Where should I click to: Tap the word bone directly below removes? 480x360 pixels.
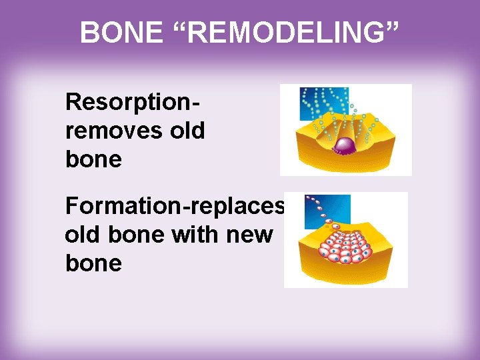click(x=93, y=159)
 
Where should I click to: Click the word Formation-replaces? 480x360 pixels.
click(x=175, y=207)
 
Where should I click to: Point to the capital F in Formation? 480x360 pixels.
click(x=71, y=206)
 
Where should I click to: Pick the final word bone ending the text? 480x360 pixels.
click(x=93, y=263)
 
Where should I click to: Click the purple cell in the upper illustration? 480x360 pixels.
click(x=345, y=145)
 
